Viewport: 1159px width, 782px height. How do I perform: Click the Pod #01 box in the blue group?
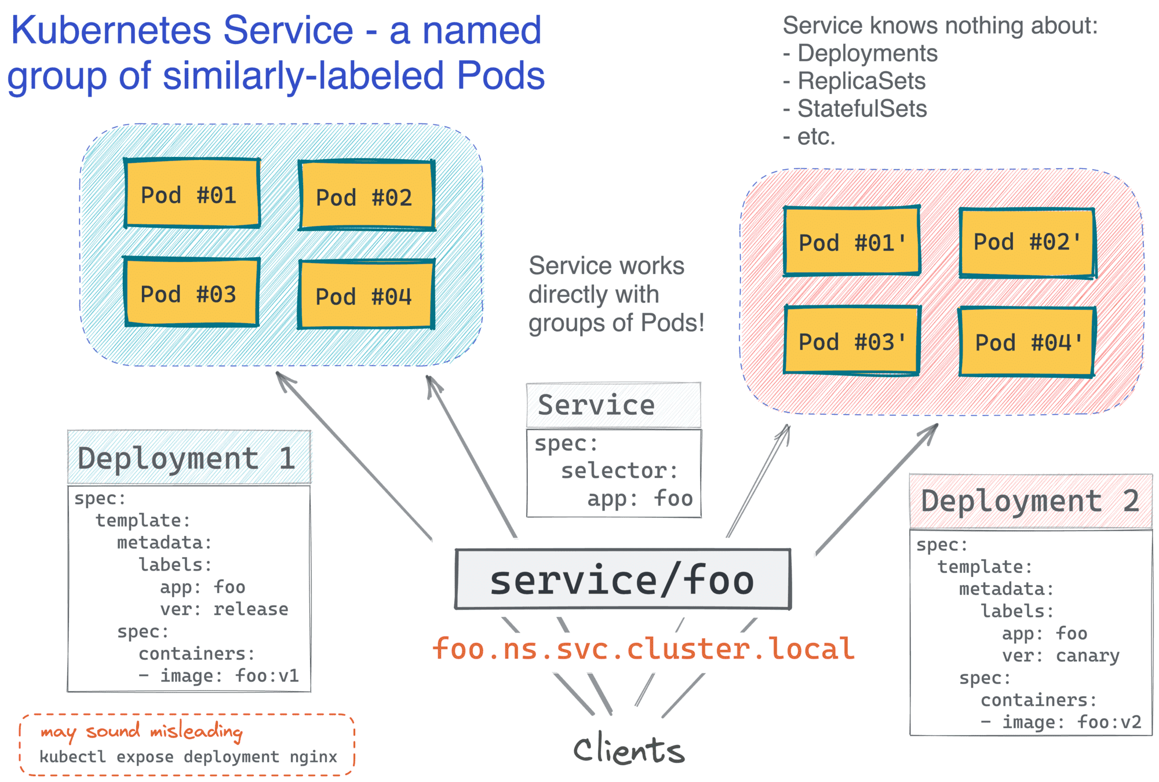192,193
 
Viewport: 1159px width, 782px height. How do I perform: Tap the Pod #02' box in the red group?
1027,242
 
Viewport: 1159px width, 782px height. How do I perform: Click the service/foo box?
623,579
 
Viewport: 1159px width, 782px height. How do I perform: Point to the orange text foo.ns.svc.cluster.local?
643,649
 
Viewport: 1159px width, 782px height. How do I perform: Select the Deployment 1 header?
188,458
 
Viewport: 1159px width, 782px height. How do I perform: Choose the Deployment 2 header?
1030,501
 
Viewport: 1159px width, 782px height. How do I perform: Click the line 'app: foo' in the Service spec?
640,498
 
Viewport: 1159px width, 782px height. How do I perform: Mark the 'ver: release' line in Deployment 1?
224,609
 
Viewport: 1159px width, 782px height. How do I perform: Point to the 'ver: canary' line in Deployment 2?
1060,655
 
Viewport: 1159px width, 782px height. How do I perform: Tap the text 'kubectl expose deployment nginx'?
188,757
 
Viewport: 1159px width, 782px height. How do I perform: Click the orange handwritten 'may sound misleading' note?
141,732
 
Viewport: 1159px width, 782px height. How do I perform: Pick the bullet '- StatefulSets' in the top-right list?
855,108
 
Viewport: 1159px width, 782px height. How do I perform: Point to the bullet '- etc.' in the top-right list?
810,137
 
